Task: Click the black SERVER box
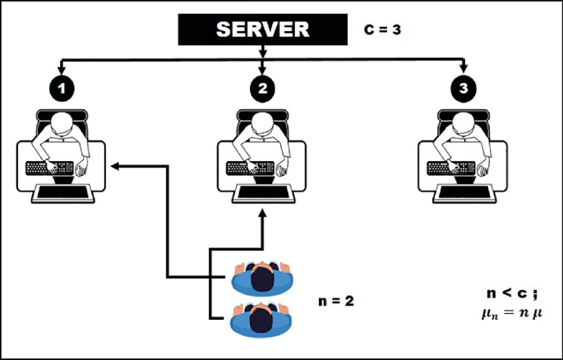pyautogui.click(x=262, y=30)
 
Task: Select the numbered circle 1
pyautogui.click(x=62, y=87)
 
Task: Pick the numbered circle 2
pyautogui.click(x=262, y=87)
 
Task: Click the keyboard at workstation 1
pyautogui.click(x=48, y=168)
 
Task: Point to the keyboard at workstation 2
pyautogui.click(x=247, y=168)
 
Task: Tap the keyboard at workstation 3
pyautogui.click(x=449, y=168)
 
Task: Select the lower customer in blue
pyautogui.click(x=261, y=316)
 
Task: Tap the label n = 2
pyautogui.click(x=337, y=301)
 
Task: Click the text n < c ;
pyautogui.click(x=511, y=294)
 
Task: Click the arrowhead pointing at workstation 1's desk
pyautogui.click(x=115, y=166)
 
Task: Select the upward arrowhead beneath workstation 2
pyautogui.click(x=262, y=213)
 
